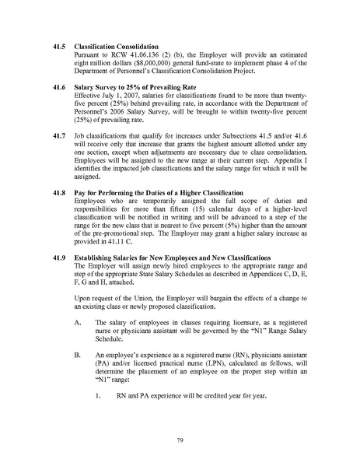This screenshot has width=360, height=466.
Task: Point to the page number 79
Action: pyautogui.click(x=180, y=444)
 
